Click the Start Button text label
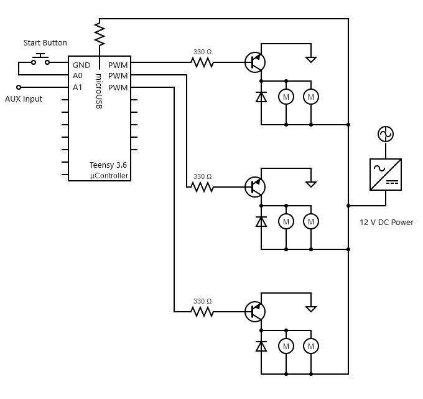pos(45,43)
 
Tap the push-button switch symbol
pos(42,60)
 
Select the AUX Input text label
pos(24,99)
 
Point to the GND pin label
pos(81,65)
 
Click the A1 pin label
pos(78,88)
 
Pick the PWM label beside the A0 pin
pos(118,76)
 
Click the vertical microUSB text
pos(98,92)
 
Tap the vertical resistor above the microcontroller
pos(99,33)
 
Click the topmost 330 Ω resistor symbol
pos(202,62)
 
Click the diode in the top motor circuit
pos(261,97)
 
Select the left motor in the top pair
pos(286,97)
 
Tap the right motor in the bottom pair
pos(310,346)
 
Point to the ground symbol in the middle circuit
pos(310,184)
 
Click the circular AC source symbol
pos(385,134)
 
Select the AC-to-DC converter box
pos(385,174)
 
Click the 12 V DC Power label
pos(386,223)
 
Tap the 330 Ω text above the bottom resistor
pos(202,301)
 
